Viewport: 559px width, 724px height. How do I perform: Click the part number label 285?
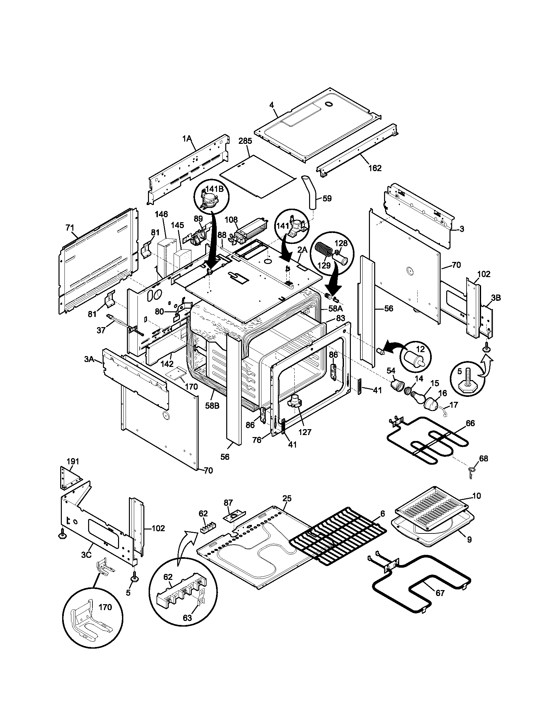(245, 141)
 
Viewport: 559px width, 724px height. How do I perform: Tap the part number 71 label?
(70, 228)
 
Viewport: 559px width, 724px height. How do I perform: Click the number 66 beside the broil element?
(470, 423)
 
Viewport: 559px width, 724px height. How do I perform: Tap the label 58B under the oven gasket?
(212, 406)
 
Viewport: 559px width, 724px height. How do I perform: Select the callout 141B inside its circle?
(214, 189)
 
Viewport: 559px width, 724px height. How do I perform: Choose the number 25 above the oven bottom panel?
(287, 507)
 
